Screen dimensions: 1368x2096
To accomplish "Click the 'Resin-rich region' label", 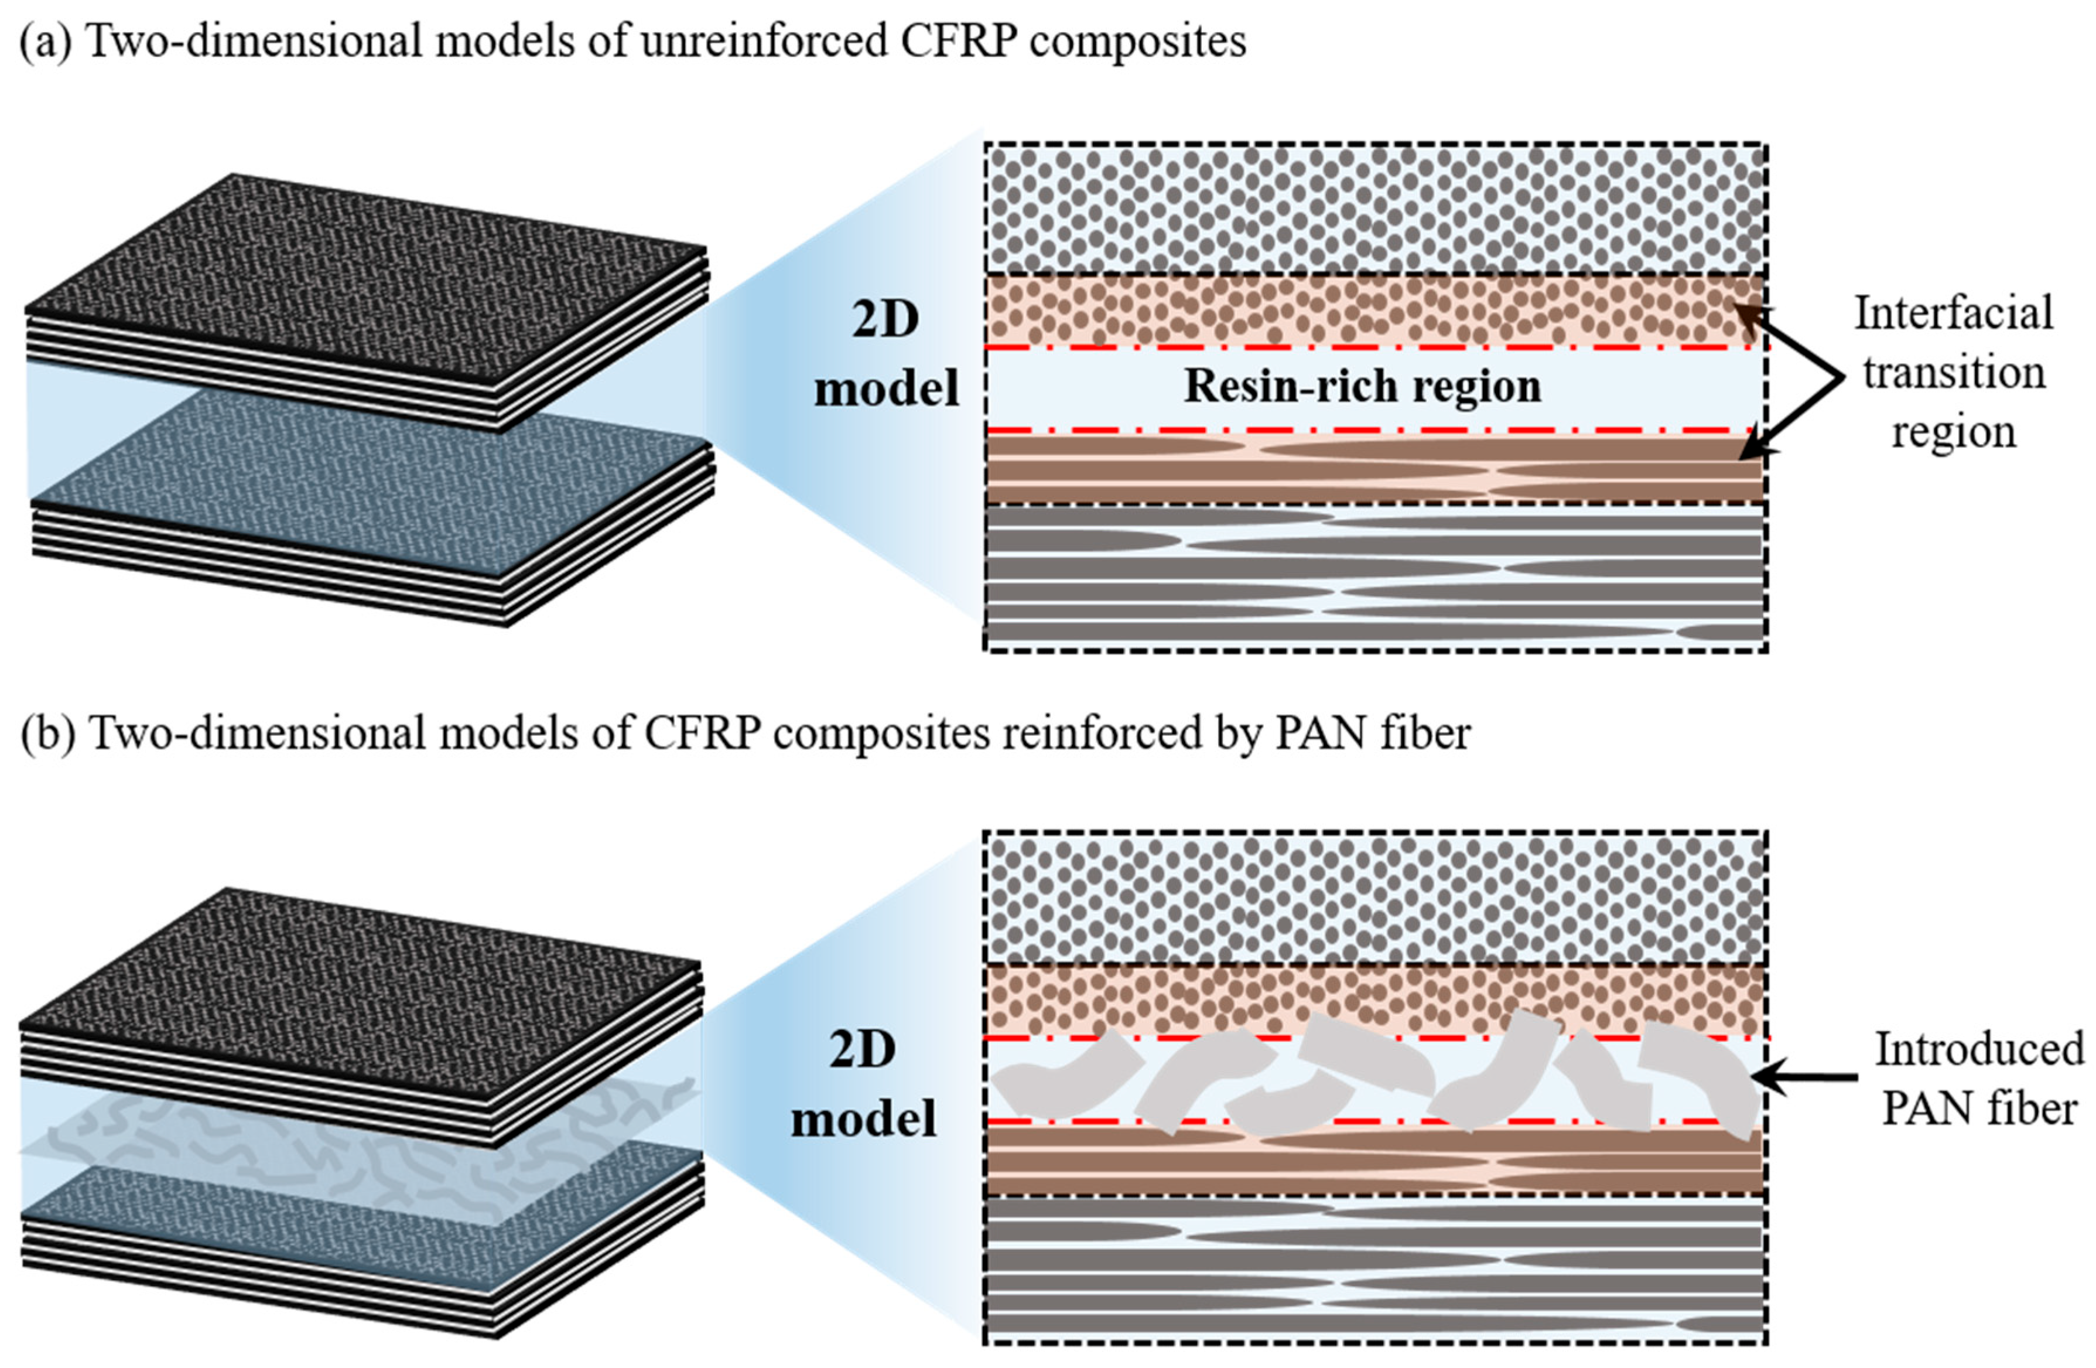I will tap(1362, 387).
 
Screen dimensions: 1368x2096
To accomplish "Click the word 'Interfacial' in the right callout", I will tap(1953, 313).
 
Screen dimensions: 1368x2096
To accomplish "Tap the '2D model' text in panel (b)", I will tap(863, 1084).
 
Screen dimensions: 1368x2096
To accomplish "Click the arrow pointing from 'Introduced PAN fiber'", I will tap(1806, 1076).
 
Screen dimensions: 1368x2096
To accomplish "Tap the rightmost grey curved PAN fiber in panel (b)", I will tap(1704, 1083).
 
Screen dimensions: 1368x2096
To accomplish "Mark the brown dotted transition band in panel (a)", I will tap(1374, 310).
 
